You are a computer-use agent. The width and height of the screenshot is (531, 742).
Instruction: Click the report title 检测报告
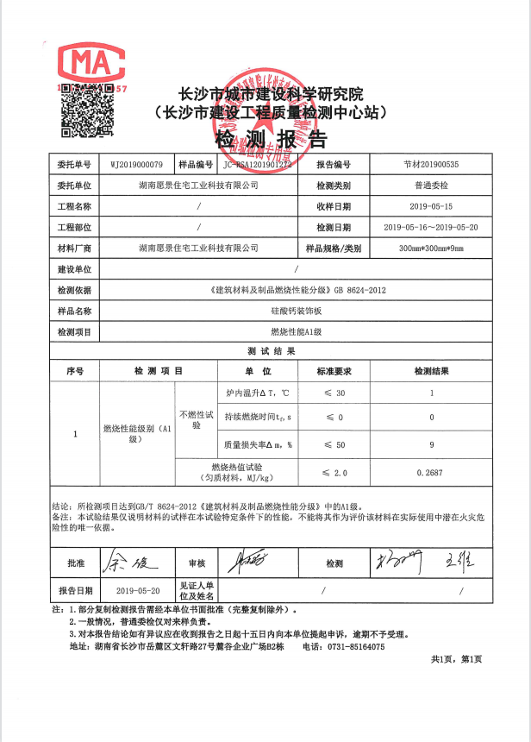(x=270, y=141)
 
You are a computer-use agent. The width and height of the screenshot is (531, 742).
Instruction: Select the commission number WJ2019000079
(x=137, y=164)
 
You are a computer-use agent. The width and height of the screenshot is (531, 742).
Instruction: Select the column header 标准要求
(x=334, y=371)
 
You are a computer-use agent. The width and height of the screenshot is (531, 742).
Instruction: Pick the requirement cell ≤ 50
(x=334, y=445)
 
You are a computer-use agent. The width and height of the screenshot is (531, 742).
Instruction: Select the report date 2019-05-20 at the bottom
(x=137, y=591)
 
